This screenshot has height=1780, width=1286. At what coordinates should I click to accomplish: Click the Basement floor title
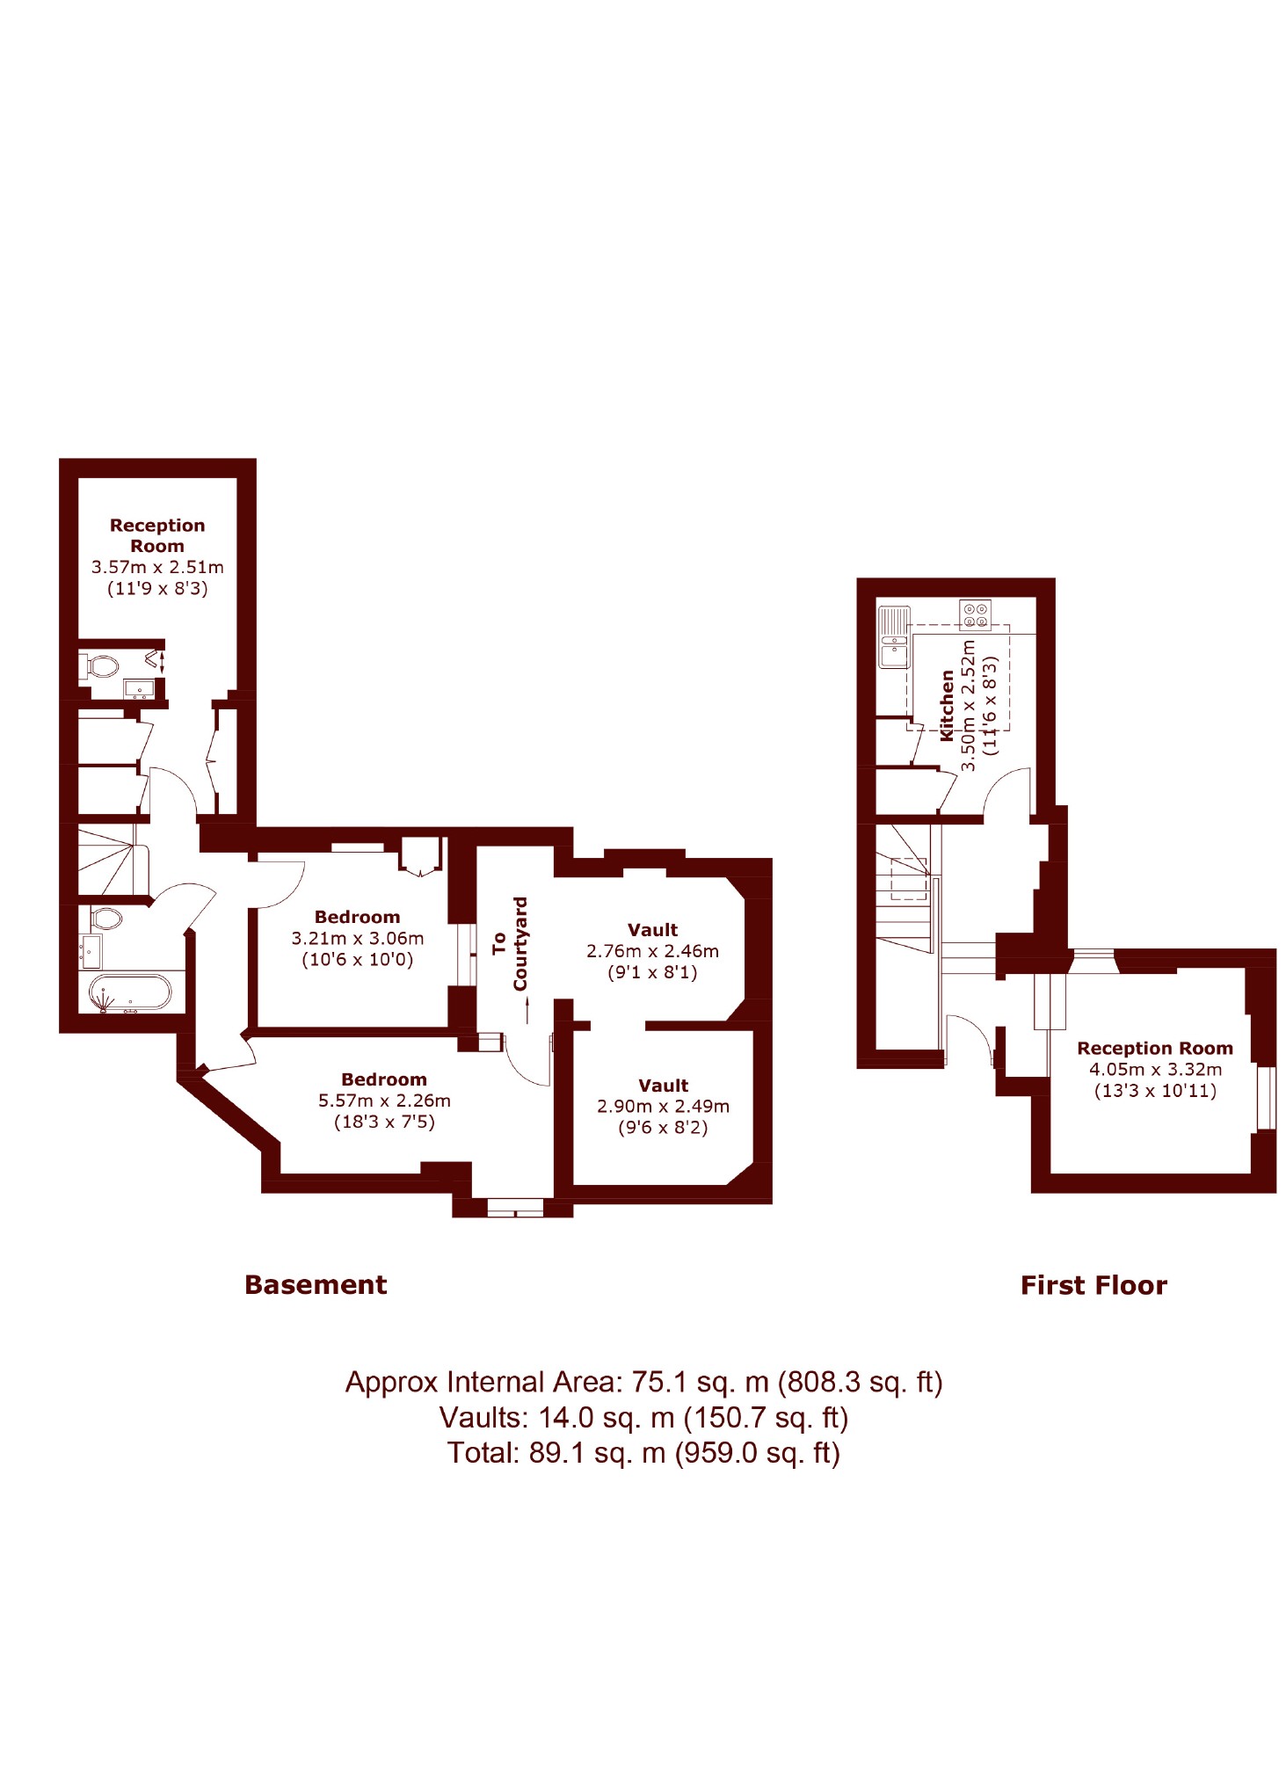pyautogui.click(x=316, y=1284)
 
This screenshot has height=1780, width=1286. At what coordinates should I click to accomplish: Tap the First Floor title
pyautogui.click(x=1093, y=1285)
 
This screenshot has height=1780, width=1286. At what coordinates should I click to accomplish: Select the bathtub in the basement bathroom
pyautogui.click(x=129, y=993)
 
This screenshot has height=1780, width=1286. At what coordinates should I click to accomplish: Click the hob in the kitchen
pyautogui.click(x=975, y=614)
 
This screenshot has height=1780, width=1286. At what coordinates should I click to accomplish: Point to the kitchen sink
pyautogui.click(x=894, y=636)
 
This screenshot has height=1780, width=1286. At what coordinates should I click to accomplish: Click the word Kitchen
pyautogui.click(x=947, y=705)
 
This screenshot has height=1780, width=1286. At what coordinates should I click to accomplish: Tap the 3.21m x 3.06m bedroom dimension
pyautogui.click(x=358, y=938)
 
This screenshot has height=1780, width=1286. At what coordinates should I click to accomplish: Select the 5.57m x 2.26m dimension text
pyautogui.click(x=384, y=1101)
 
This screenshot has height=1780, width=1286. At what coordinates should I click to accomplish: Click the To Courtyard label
pyautogui.click(x=510, y=943)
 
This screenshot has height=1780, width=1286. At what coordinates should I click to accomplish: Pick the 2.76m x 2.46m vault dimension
pyautogui.click(x=652, y=951)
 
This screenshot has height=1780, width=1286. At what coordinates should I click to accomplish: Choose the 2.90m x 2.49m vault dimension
pyautogui.click(x=663, y=1107)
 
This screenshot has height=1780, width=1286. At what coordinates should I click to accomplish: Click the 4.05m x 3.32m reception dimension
pyautogui.click(x=1155, y=1070)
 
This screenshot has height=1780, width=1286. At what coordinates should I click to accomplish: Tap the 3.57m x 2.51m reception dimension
pyautogui.click(x=157, y=568)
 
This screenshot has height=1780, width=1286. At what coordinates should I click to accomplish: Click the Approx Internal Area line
pyautogui.click(x=643, y=1382)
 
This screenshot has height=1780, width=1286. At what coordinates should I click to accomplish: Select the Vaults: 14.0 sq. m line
pyautogui.click(x=643, y=1418)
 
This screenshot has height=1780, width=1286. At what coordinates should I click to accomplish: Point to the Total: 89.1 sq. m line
pyautogui.click(x=643, y=1453)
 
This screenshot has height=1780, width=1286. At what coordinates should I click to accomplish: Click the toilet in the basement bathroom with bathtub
pyautogui.click(x=106, y=919)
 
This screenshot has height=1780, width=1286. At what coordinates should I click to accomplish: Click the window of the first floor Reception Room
pyautogui.click(x=1266, y=1097)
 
